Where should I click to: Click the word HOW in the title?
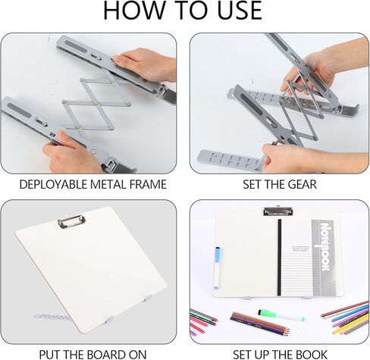point(134,11)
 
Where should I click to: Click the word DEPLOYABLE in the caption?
point(53,184)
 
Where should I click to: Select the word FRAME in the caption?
point(148,184)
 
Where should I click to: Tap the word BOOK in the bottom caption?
point(312,355)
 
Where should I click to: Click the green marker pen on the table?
point(281,316)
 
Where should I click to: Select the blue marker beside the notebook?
point(218,268)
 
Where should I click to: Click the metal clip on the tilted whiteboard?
point(71,221)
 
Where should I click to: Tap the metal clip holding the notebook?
point(278,211)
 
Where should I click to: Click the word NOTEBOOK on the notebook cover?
point(325,246)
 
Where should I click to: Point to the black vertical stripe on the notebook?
point(279,257)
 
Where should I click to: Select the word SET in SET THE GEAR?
point(251,184)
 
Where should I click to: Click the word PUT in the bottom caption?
point(49,355)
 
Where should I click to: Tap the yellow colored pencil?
point(351,323)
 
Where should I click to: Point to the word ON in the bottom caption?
point(137,355)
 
